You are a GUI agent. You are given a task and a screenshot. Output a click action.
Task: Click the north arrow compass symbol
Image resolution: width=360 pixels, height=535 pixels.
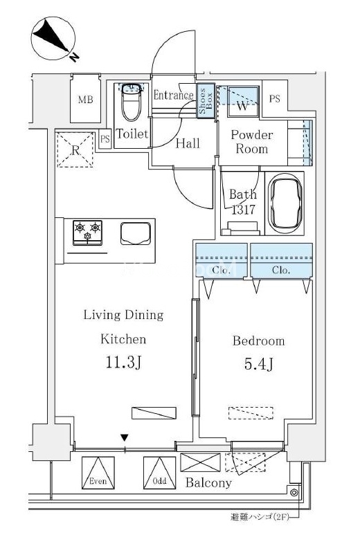(53, 39)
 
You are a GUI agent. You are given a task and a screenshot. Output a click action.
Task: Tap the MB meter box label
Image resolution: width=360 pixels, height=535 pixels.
(85, 100)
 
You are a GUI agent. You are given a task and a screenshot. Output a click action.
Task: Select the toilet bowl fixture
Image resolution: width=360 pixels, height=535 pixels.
(131, 102)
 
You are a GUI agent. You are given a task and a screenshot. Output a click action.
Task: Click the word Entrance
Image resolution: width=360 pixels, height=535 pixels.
(173, 95)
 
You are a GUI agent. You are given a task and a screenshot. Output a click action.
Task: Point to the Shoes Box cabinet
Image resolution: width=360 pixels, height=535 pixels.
(206, 101)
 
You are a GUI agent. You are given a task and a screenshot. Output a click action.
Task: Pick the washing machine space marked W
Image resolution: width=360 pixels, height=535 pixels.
(242, 101)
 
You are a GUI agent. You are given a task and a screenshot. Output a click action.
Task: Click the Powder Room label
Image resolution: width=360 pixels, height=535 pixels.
(252, 142)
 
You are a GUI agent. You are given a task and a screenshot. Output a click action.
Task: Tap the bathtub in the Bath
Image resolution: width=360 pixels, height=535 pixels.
(285, 203)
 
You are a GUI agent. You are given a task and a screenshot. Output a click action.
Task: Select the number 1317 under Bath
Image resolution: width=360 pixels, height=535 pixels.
(243, 210)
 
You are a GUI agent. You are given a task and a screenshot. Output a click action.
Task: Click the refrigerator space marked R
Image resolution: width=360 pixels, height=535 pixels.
(75, 149)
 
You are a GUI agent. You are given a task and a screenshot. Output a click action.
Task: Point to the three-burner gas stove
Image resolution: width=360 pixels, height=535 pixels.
(87, 233)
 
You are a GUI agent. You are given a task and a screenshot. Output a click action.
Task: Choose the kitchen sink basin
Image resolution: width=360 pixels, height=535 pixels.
(136, 233)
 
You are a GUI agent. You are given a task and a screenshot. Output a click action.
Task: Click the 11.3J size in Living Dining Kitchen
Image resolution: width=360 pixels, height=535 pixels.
(123, 362)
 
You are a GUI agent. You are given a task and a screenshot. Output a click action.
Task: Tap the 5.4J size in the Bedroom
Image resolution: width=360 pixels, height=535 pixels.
(258, 365)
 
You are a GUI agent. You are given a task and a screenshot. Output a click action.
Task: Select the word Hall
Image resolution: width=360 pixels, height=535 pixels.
(188, 143)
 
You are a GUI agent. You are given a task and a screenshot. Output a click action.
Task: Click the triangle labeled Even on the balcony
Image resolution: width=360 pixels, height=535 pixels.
(98, 473)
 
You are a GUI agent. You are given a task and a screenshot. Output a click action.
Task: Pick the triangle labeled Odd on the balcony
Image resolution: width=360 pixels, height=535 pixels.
(159, 473)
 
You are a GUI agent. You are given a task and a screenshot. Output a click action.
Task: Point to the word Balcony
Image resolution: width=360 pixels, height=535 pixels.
(208, 482)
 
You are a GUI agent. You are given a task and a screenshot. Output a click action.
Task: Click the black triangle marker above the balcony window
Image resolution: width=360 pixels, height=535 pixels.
(125, 437)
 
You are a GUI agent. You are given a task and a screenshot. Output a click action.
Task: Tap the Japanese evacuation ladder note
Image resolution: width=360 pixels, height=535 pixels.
(260, 517)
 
